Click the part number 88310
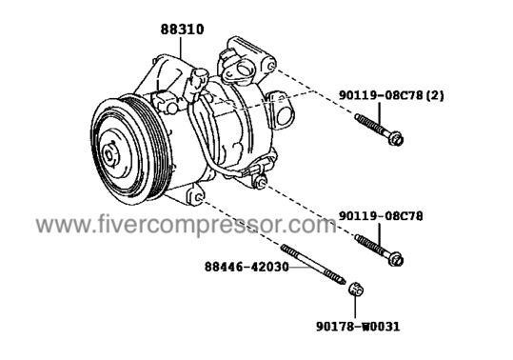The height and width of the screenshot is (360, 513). coord(182,30)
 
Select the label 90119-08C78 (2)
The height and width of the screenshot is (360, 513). coord(391,95)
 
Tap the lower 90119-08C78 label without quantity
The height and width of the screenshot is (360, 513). coord(381,216)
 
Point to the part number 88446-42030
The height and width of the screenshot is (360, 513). coord(247,267)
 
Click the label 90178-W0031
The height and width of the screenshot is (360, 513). coord(358,327)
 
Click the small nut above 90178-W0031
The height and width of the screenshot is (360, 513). coord(355,289)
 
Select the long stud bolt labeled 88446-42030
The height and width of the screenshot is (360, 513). coord(313,265)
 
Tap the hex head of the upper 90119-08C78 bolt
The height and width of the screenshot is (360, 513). coord(396,139)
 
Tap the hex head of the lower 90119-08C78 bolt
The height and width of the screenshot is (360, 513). coord(396,260)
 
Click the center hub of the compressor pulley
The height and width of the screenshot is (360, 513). coord(109,153)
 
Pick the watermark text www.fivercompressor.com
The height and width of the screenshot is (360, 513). coord(186,225)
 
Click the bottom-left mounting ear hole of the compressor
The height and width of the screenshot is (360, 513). coord(199,197)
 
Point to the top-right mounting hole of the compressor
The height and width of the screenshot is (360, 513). coord(271,66)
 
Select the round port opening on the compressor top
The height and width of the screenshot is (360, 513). coord(244,70)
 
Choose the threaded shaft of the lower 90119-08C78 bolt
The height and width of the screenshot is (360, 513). coord(372,245)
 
